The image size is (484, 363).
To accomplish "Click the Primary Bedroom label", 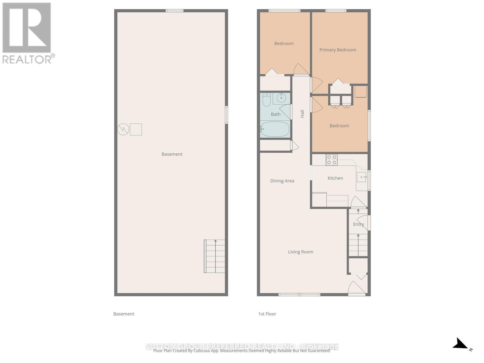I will (x=338, y=50).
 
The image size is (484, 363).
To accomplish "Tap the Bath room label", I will (x=275, y=114).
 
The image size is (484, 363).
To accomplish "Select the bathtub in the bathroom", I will (x=275, y=129).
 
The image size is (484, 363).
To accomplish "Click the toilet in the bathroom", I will (x=266, y=100).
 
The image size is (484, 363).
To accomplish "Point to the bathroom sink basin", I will (x=281, y=98).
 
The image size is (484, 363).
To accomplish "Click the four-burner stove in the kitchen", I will (x=332, y=160).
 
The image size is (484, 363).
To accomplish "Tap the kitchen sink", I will (x=361, y=177).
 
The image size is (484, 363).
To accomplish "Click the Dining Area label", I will (x=282, y=181).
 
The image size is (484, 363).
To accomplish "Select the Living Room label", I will (x=300, y=252).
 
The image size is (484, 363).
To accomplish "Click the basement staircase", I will (x=215, y=256).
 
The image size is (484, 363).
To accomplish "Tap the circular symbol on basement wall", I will (x=123, y=129).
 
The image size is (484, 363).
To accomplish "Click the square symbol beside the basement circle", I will (x=136, y=129).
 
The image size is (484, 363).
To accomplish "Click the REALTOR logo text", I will (x=28, y=59).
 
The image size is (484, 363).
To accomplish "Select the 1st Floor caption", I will (x=267, y=314).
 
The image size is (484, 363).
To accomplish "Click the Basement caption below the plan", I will (x=123, y=314).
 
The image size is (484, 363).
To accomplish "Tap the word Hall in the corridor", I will (x=302, y=114).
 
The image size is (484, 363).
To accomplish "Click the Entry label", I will (x=358, y=224).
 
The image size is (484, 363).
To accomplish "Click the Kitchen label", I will (x=335, y=178).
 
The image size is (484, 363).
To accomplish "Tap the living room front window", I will (x=299, y=295).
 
